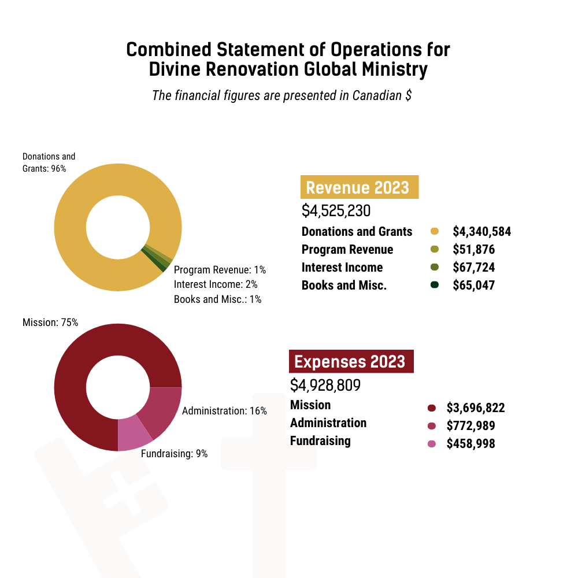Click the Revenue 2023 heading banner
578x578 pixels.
click(x=358, y=188)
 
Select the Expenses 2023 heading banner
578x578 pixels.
click(x=350, y=362)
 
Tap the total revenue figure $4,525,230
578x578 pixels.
click(x=336, y=211)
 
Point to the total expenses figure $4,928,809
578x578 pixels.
click(x=326, y=386)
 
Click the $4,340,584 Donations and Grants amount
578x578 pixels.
click(x=481, y=232)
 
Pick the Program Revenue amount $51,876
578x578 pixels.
click(x=473, y=250)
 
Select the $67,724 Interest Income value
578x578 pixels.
click(x=473, y=268)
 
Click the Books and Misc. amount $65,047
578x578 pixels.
click(x=473, y=286)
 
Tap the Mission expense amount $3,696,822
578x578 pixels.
click(x=476, y=408)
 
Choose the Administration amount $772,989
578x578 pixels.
click(x=470, y=426)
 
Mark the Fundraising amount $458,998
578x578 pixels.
click(x=470, y=444)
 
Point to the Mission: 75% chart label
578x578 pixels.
click(x=50, y=323)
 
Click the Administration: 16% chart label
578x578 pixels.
click(x=224, y=411)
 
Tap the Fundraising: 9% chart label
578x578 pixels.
click(x=174, y=454)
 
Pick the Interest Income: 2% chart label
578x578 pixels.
click(x=216, y=284)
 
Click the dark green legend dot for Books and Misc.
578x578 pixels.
click(x=435, y=285)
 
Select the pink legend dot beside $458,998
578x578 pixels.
click(x=431, y=444)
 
